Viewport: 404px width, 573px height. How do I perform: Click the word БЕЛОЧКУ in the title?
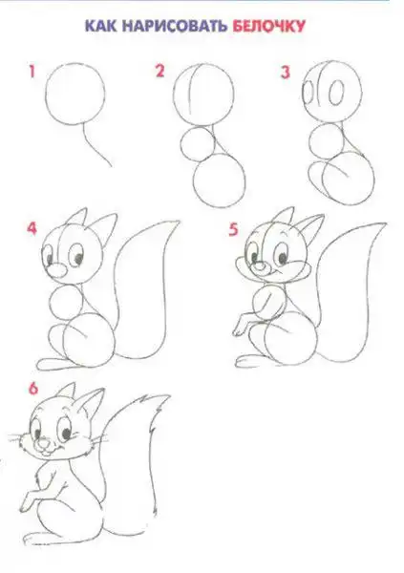[268, 27]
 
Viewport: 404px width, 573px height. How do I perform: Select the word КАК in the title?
[100, 27]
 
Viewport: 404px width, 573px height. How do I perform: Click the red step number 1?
[32, 72]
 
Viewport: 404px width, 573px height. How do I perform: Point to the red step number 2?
[159, 71]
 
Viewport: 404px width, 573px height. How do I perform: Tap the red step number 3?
[286, 72]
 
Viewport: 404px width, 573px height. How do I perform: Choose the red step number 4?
[32, 228]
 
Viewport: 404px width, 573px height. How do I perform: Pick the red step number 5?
[233, 229]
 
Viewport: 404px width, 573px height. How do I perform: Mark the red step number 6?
[33, 389]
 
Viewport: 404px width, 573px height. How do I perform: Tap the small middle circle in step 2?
[198, 144]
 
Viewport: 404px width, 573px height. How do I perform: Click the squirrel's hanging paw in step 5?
[242, 325]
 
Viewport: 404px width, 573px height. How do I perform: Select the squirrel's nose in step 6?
[44, 443]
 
